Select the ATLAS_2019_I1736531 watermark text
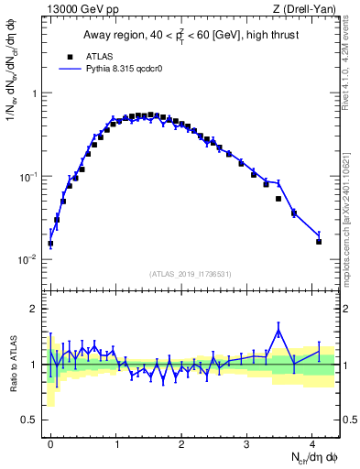pos(190,274)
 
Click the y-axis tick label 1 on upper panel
pos(34,93)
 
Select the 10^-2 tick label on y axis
pos(28,259)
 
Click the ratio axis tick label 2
pos(34,309)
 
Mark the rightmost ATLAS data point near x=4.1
pos(319,242)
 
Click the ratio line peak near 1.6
pos(278,331)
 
